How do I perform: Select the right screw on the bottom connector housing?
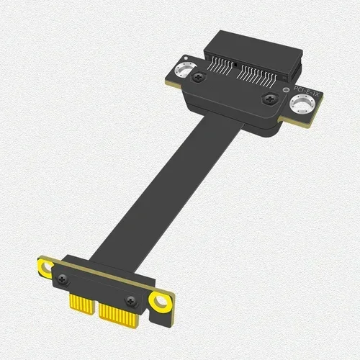[x=130, y=301]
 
